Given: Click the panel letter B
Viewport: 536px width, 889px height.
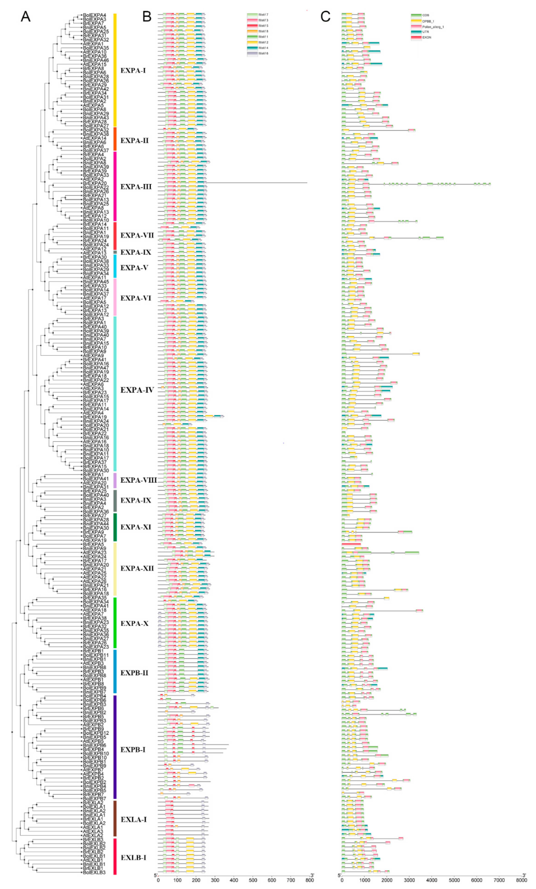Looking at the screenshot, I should (147, 17).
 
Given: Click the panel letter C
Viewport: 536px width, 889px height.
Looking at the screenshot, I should (325, 17).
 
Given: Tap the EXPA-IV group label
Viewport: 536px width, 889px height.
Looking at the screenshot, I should (137, 390).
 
